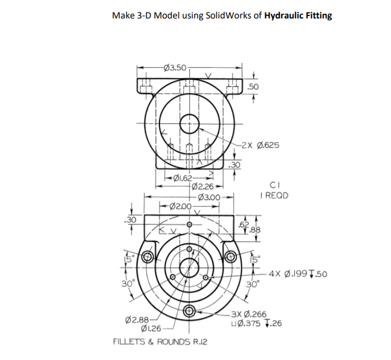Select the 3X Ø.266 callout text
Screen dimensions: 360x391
tap(250, 314)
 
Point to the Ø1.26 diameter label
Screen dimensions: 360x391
tap(151, 328)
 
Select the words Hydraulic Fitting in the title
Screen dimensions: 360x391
tap(298, 15)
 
